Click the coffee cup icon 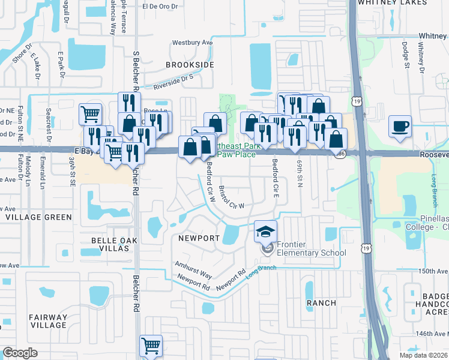click(400, 127)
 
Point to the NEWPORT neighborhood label click(199, 238)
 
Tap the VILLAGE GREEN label click(38, 217)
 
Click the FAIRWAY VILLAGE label click(49, 322)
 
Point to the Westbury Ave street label click(193, 43)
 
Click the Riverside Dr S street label click(174, 83)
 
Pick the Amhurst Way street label click(193, 269)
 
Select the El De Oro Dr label click(161, 7)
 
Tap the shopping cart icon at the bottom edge click(151, 346)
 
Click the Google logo click(20, 353)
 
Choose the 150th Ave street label click(433, 271)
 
